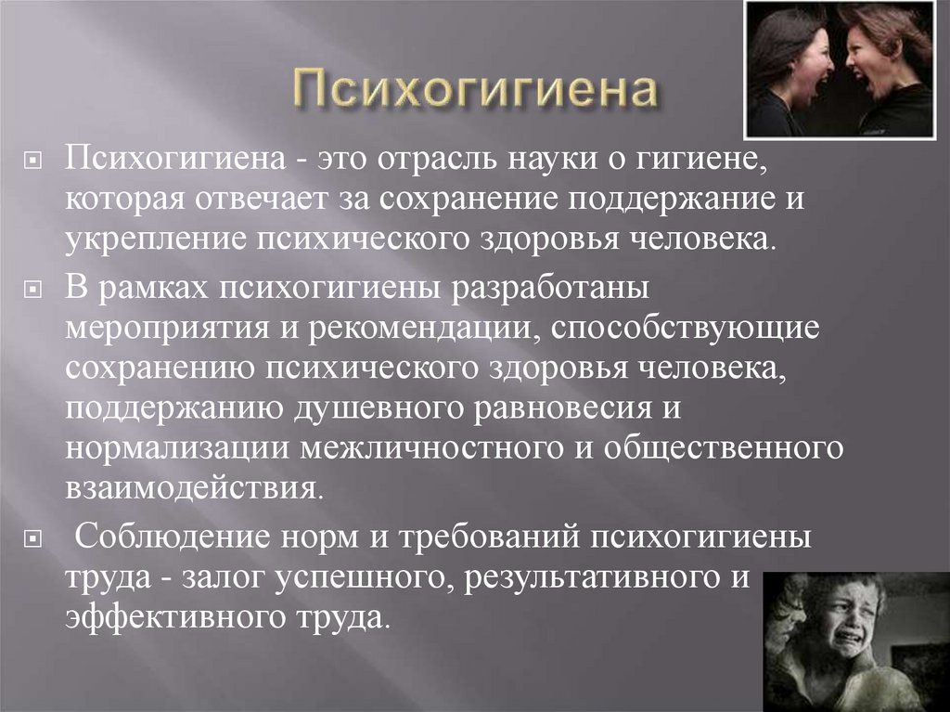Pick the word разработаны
[548, 290]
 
